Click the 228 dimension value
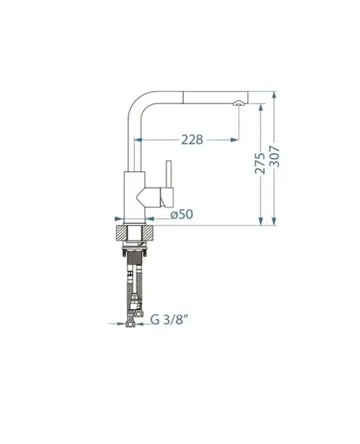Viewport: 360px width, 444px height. pos(192,140)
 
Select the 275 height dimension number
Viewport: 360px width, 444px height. pos(260,164)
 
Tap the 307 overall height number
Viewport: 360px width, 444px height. pos(274,156)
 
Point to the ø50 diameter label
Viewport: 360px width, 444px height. pos(182,214)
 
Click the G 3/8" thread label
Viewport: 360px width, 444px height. pos(169,320)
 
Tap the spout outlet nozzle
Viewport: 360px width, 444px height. pos(238,103)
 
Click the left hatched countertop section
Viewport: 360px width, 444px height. pos(121,234)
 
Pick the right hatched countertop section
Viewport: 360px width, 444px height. pos(148,234)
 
